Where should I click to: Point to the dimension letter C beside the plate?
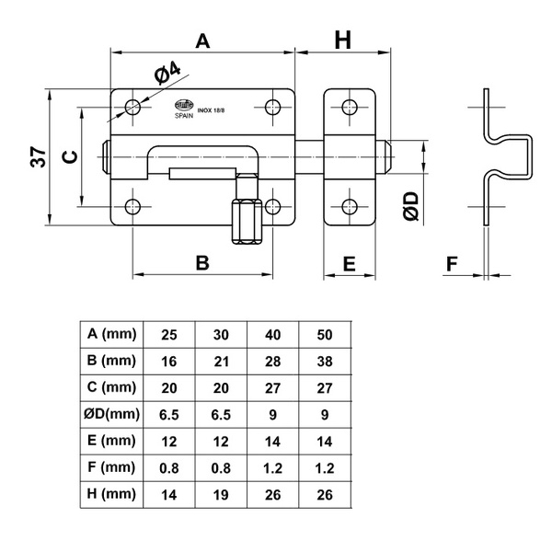pyautogui.click(x=69, y=157)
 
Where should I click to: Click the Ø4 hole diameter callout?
pyautogui.click(x=166, y=73)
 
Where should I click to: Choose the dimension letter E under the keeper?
pyautogui.click(x=349, y=263)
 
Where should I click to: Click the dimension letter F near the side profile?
pyautogui.click(x=451, y=263)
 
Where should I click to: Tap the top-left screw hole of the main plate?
pyautogui.click(x=132, y=107)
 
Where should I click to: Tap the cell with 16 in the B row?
pyautogui.click(x=169, y=360)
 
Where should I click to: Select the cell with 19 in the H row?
pyautogui.click(x=222, y=493)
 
